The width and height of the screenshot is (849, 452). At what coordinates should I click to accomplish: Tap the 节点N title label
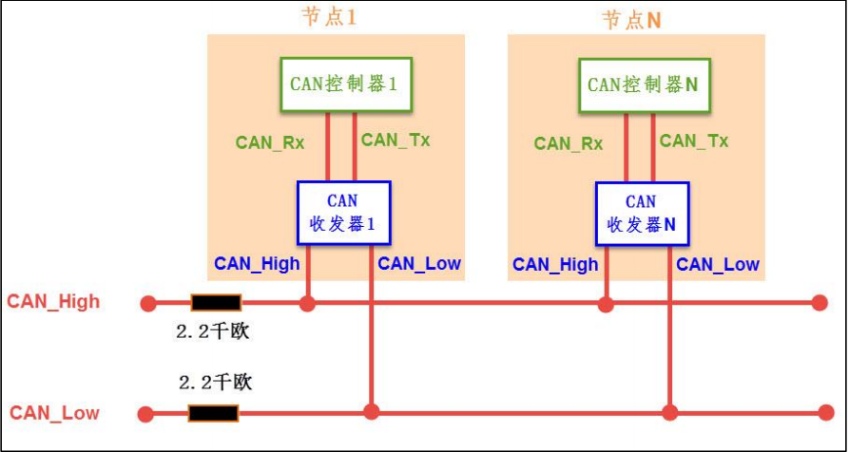pyautogui.click(x=631, y=20)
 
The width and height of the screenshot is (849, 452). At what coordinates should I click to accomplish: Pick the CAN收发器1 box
pyautogui.click(x=342, y=214)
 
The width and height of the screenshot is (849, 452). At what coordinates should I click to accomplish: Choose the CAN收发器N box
pyautogui.click(x=641, y=214)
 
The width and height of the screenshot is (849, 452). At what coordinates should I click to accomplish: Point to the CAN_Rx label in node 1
pyautogui.click(x=270, y=143)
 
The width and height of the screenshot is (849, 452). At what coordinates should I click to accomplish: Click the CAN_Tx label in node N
pyautogui.click(x=694, y=141)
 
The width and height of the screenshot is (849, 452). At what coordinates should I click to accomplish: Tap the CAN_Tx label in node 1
pyautogui.click(x=396, y=141)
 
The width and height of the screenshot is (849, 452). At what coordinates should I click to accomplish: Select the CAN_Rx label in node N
pyautogui.click(x=569, y=143)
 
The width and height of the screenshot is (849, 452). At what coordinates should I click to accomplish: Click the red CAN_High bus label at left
pyautogui.click(x=53, y=302)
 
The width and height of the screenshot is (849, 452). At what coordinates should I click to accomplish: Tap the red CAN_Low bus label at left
pyautogui.click(x=54, y=413)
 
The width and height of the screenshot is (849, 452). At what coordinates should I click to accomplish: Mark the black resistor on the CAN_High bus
pyautogui.click(x=216, y=304)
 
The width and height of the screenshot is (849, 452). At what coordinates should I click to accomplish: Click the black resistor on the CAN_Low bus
pyautogui.click(x=213, y=413)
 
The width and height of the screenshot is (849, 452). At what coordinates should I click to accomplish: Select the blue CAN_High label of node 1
pyautogui.click(x=257, y=264)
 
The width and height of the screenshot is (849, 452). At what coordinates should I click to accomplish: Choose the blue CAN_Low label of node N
pyautogui.click(x=718, y=264)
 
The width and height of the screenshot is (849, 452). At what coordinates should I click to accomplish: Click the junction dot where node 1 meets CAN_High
pyautogui.click(x=307, y=304)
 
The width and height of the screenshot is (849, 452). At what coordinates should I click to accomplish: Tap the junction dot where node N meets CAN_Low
pyautogui.click(x=670, y=412)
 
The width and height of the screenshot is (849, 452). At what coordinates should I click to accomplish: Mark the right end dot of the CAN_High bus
pyautogui.click(x=820, y=304)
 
